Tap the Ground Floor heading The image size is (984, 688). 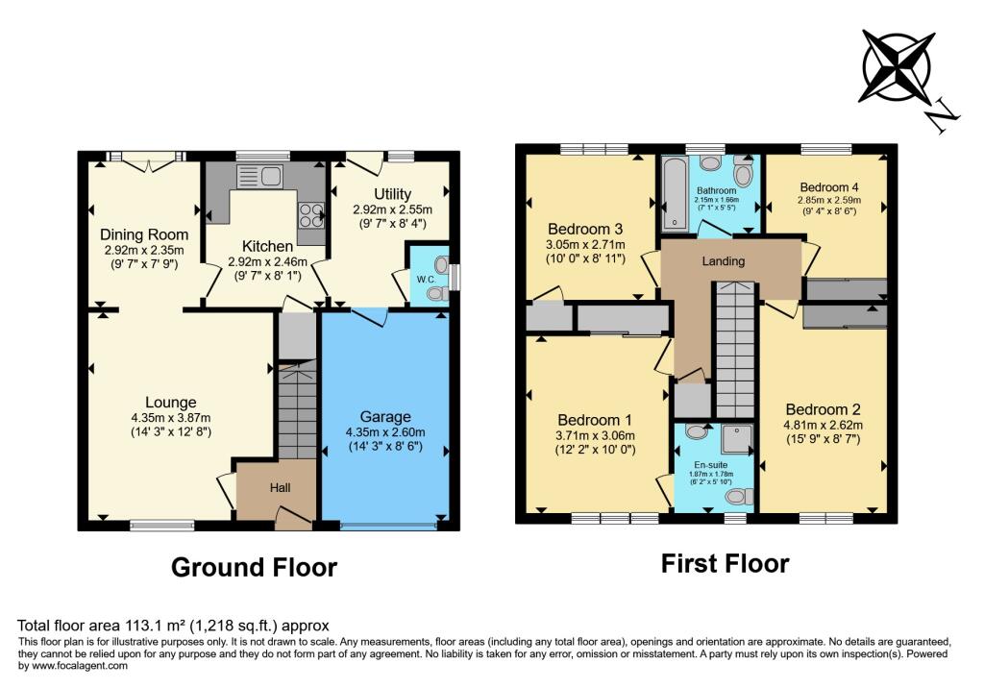coord(254,568)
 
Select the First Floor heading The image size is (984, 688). coord(725,563)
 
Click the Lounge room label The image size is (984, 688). coord(171,403)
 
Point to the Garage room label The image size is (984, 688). coord(385,416)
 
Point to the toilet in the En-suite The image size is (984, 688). coord(739,497)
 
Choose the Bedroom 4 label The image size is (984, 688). coord(827,187)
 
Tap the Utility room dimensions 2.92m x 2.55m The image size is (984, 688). coord(392,209)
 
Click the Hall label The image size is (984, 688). coord(280,488)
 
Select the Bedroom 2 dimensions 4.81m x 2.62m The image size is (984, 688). coord(823,426)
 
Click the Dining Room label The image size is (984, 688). coord(144,234)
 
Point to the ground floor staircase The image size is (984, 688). coord(296,409)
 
